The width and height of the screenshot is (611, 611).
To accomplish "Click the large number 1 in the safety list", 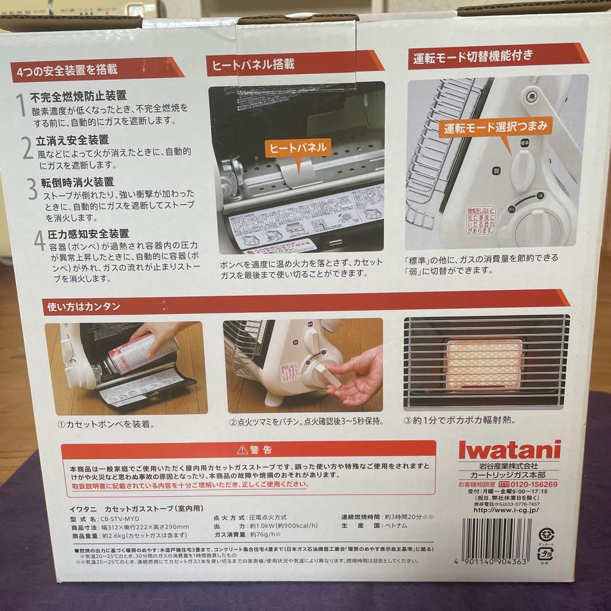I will tap(20, 106).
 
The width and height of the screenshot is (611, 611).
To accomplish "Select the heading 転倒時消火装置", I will tap(79, 182).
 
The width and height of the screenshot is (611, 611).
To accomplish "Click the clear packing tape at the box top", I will tap(297, 54).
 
